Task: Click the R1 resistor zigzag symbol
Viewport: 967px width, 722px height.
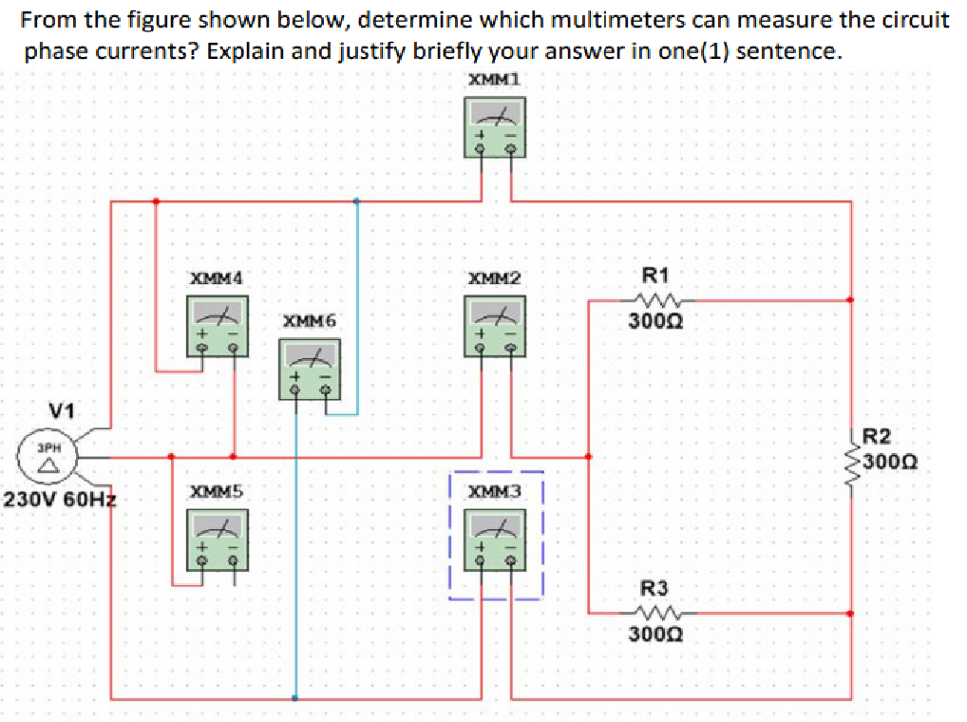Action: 655,300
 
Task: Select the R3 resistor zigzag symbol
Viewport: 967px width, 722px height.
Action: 655,612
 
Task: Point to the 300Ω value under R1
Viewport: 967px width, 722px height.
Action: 655,322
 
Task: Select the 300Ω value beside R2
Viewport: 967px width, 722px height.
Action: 895,465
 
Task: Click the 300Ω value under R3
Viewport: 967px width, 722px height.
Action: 655,634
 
